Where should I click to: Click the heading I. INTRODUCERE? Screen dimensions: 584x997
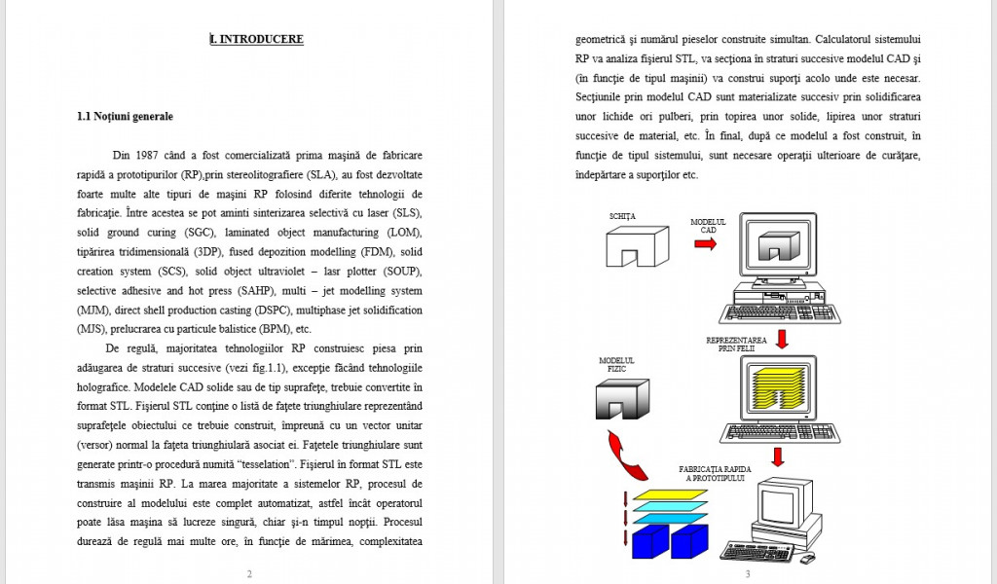(257, 40)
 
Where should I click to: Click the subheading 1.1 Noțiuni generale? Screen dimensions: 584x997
(125, 117)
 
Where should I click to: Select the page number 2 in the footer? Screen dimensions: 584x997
(249, 573)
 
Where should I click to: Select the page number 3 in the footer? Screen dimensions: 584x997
(748, 573)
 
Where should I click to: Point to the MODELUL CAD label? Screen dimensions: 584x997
(708, 226)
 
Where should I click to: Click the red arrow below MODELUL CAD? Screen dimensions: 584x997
(705, 243)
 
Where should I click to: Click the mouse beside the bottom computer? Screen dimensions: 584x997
(806, 558)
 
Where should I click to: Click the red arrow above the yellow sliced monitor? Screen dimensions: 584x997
(781, 338)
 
